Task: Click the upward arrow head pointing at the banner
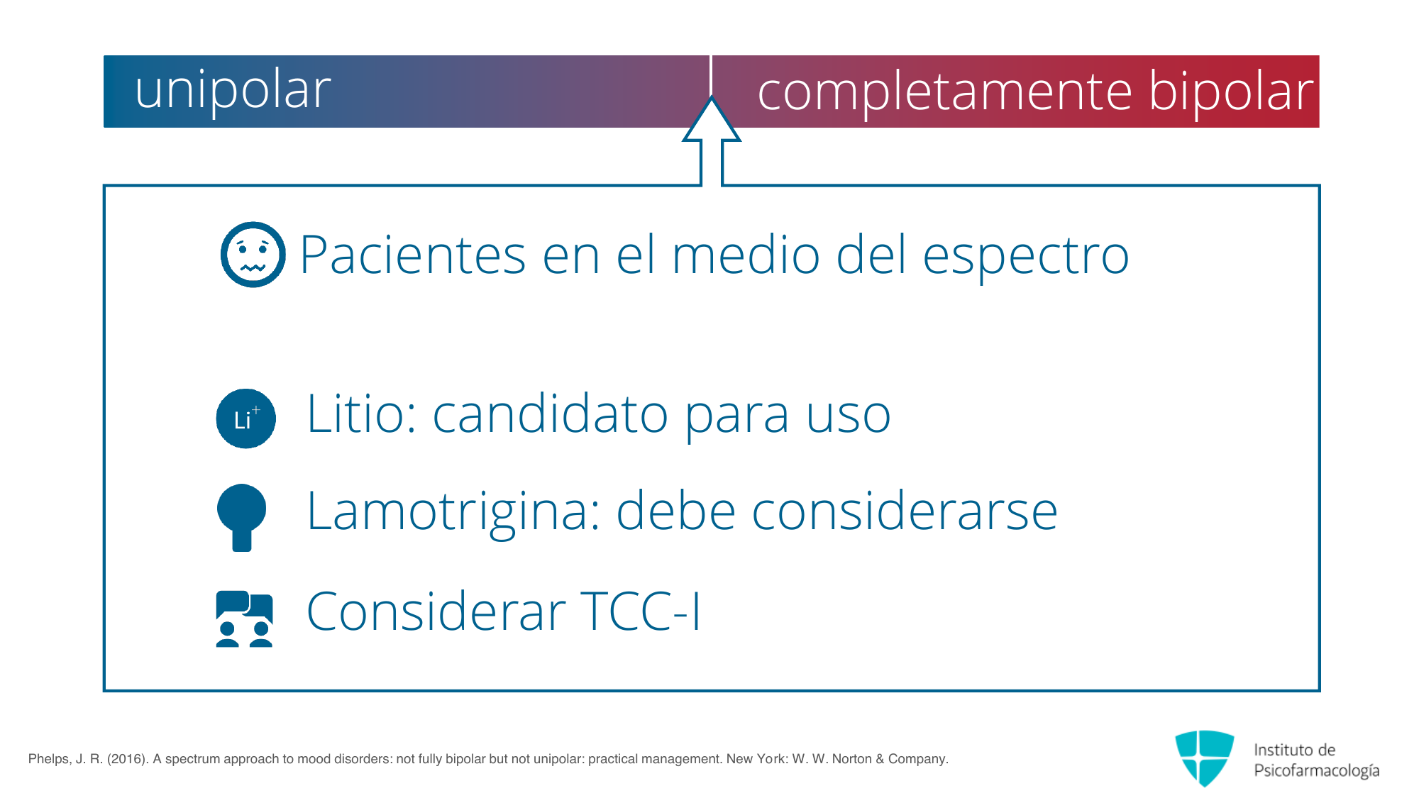click(x=712, y=119)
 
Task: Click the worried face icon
click(x=253, y=255)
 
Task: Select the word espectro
click(x=1025, y=257)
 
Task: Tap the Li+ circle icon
click(x=246, y=419)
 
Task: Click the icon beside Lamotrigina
click(x=242, y=518)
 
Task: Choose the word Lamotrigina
click(x=454, y=512)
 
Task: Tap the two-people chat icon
click(x=244, y=619)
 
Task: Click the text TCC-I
click(x=641, y=611)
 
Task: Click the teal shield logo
click(x=1205, y=758)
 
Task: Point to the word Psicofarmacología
click(x=1317, y=771)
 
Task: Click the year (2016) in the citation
click(x=128, y=759)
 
